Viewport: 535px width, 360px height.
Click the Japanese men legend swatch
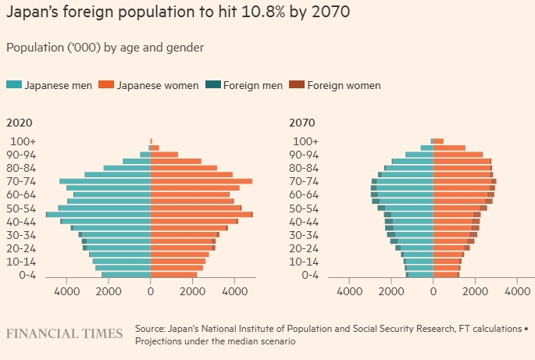13,85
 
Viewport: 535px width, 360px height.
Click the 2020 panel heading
20,123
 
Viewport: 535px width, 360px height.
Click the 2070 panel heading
302,123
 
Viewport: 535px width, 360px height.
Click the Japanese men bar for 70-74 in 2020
105,181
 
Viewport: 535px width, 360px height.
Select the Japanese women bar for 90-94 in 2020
164,155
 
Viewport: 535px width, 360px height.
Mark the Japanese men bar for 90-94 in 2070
419,155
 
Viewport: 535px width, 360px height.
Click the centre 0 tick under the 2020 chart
151,292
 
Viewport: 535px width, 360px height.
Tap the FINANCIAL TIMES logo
64,334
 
